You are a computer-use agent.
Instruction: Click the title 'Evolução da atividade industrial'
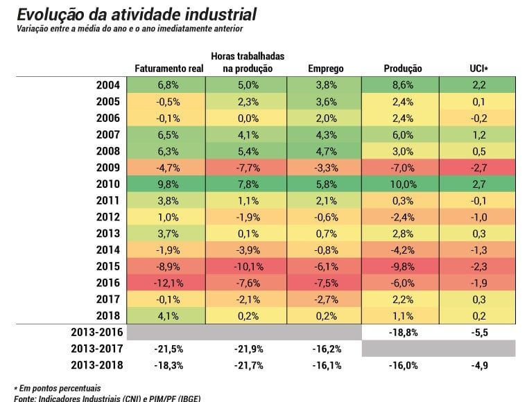[x=137, y=15]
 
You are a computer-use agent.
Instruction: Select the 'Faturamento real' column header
[x=169, y=69]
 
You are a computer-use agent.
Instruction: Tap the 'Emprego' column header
[x=326, y=69]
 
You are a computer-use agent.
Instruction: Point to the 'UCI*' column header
[x=479, y=69]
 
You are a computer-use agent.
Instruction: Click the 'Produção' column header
[x=403, y=69]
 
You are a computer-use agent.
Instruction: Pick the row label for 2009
[x=108, y=167]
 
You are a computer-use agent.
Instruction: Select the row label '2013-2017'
[x=97, y=349]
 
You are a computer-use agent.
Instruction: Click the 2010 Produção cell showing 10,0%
[x=400, y=184]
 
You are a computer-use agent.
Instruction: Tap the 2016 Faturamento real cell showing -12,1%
[x=166, y=283]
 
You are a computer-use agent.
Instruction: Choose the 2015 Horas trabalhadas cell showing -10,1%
[x=246, y=266]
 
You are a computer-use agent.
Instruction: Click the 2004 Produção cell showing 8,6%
[x=400, y=85]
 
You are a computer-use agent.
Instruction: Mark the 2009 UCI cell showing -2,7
[x=477, y=167]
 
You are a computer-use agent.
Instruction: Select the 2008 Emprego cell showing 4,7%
[x=325, y=151]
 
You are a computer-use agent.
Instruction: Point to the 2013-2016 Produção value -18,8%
[x=404, y=333]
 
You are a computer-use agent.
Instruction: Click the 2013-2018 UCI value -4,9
[x=480, y=365]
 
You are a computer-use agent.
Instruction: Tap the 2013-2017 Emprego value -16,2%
[x=327, y=349]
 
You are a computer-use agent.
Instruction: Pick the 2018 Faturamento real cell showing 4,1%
[x=166, y=315]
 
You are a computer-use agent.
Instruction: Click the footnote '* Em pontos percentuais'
[x=57, y=388]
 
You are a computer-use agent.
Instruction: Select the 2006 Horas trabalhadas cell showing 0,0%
[x=246, y=119]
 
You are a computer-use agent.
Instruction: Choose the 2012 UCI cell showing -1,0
[x=477, y=217]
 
